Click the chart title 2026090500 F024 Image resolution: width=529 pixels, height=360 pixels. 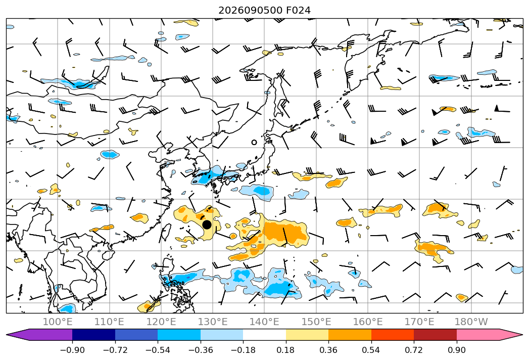[265, 10]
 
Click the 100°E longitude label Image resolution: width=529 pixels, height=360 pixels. [58, 322]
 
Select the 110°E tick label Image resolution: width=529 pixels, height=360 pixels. [109, 322]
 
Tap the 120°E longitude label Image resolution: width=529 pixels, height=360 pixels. [161, 322]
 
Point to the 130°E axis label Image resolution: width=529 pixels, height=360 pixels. [213, 322]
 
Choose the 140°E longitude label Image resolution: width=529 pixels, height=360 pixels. [265, 322]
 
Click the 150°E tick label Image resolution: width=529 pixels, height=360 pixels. [316, 322]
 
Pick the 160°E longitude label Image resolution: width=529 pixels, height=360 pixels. [368, 322]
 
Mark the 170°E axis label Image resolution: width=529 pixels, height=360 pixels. [419, 322]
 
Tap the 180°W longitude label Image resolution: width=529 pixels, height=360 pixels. [471, 322]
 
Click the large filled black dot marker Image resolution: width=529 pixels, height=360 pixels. [207, 224]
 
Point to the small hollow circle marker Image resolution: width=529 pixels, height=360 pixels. [254, 143]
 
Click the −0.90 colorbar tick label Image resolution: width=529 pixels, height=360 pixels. [72, 350]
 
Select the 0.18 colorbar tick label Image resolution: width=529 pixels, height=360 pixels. [286, 350]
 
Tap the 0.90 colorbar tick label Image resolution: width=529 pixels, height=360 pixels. [456, 350]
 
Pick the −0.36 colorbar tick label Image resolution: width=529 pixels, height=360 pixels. [201, 350]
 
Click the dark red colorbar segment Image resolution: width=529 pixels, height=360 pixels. [435, 334]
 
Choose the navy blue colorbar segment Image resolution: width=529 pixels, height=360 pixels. [94, 334]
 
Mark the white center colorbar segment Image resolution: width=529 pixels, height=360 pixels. [265, 334]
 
